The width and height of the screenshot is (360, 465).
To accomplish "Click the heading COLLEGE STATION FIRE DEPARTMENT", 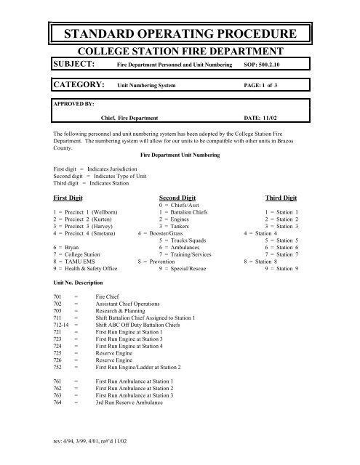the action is point(180,52).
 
